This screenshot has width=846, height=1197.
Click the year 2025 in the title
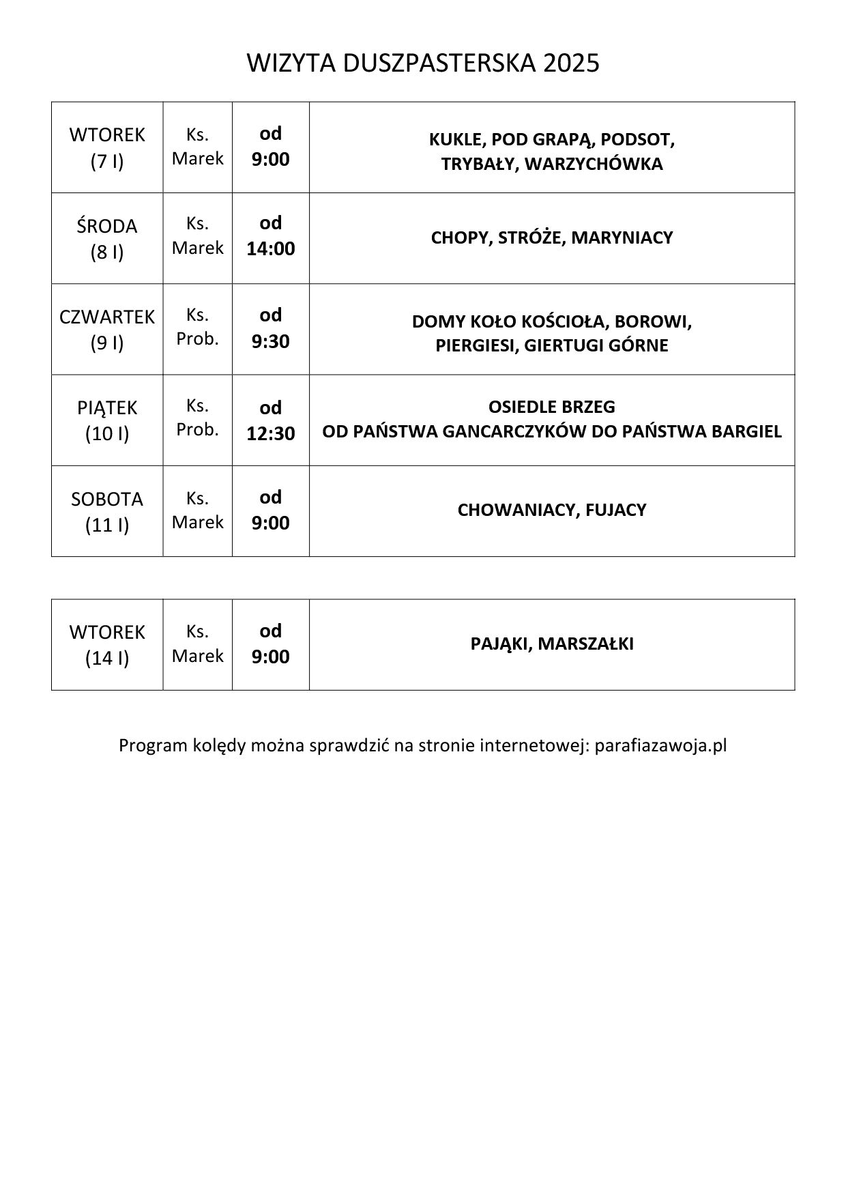[x=572, y=63]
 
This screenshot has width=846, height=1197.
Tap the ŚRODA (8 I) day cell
[x=107, y=238]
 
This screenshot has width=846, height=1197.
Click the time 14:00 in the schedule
[x=271, y=248]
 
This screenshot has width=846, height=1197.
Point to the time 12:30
[x=271, y=433]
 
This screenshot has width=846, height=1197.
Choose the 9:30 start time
[x=271, y=341]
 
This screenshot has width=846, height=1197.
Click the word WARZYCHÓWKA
[x=594, y=164]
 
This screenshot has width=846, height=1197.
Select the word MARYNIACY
[x=622, y=237]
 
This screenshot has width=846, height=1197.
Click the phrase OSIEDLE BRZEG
[x=551, y=407]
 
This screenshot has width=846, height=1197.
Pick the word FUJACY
[x=615, y=510]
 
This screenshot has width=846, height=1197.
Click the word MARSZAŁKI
[x=585, y=644]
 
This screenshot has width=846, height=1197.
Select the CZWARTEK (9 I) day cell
[x=107, y=329]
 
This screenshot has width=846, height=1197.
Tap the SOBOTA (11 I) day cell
[x=107, y=511]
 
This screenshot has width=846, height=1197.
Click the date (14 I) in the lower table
[x=107, y=658]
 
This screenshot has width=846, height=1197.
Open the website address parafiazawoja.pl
[x=660, y=745]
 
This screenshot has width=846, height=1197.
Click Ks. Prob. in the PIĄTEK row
[x=197, y=418]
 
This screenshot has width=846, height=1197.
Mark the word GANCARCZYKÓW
[x=500, y=431]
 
